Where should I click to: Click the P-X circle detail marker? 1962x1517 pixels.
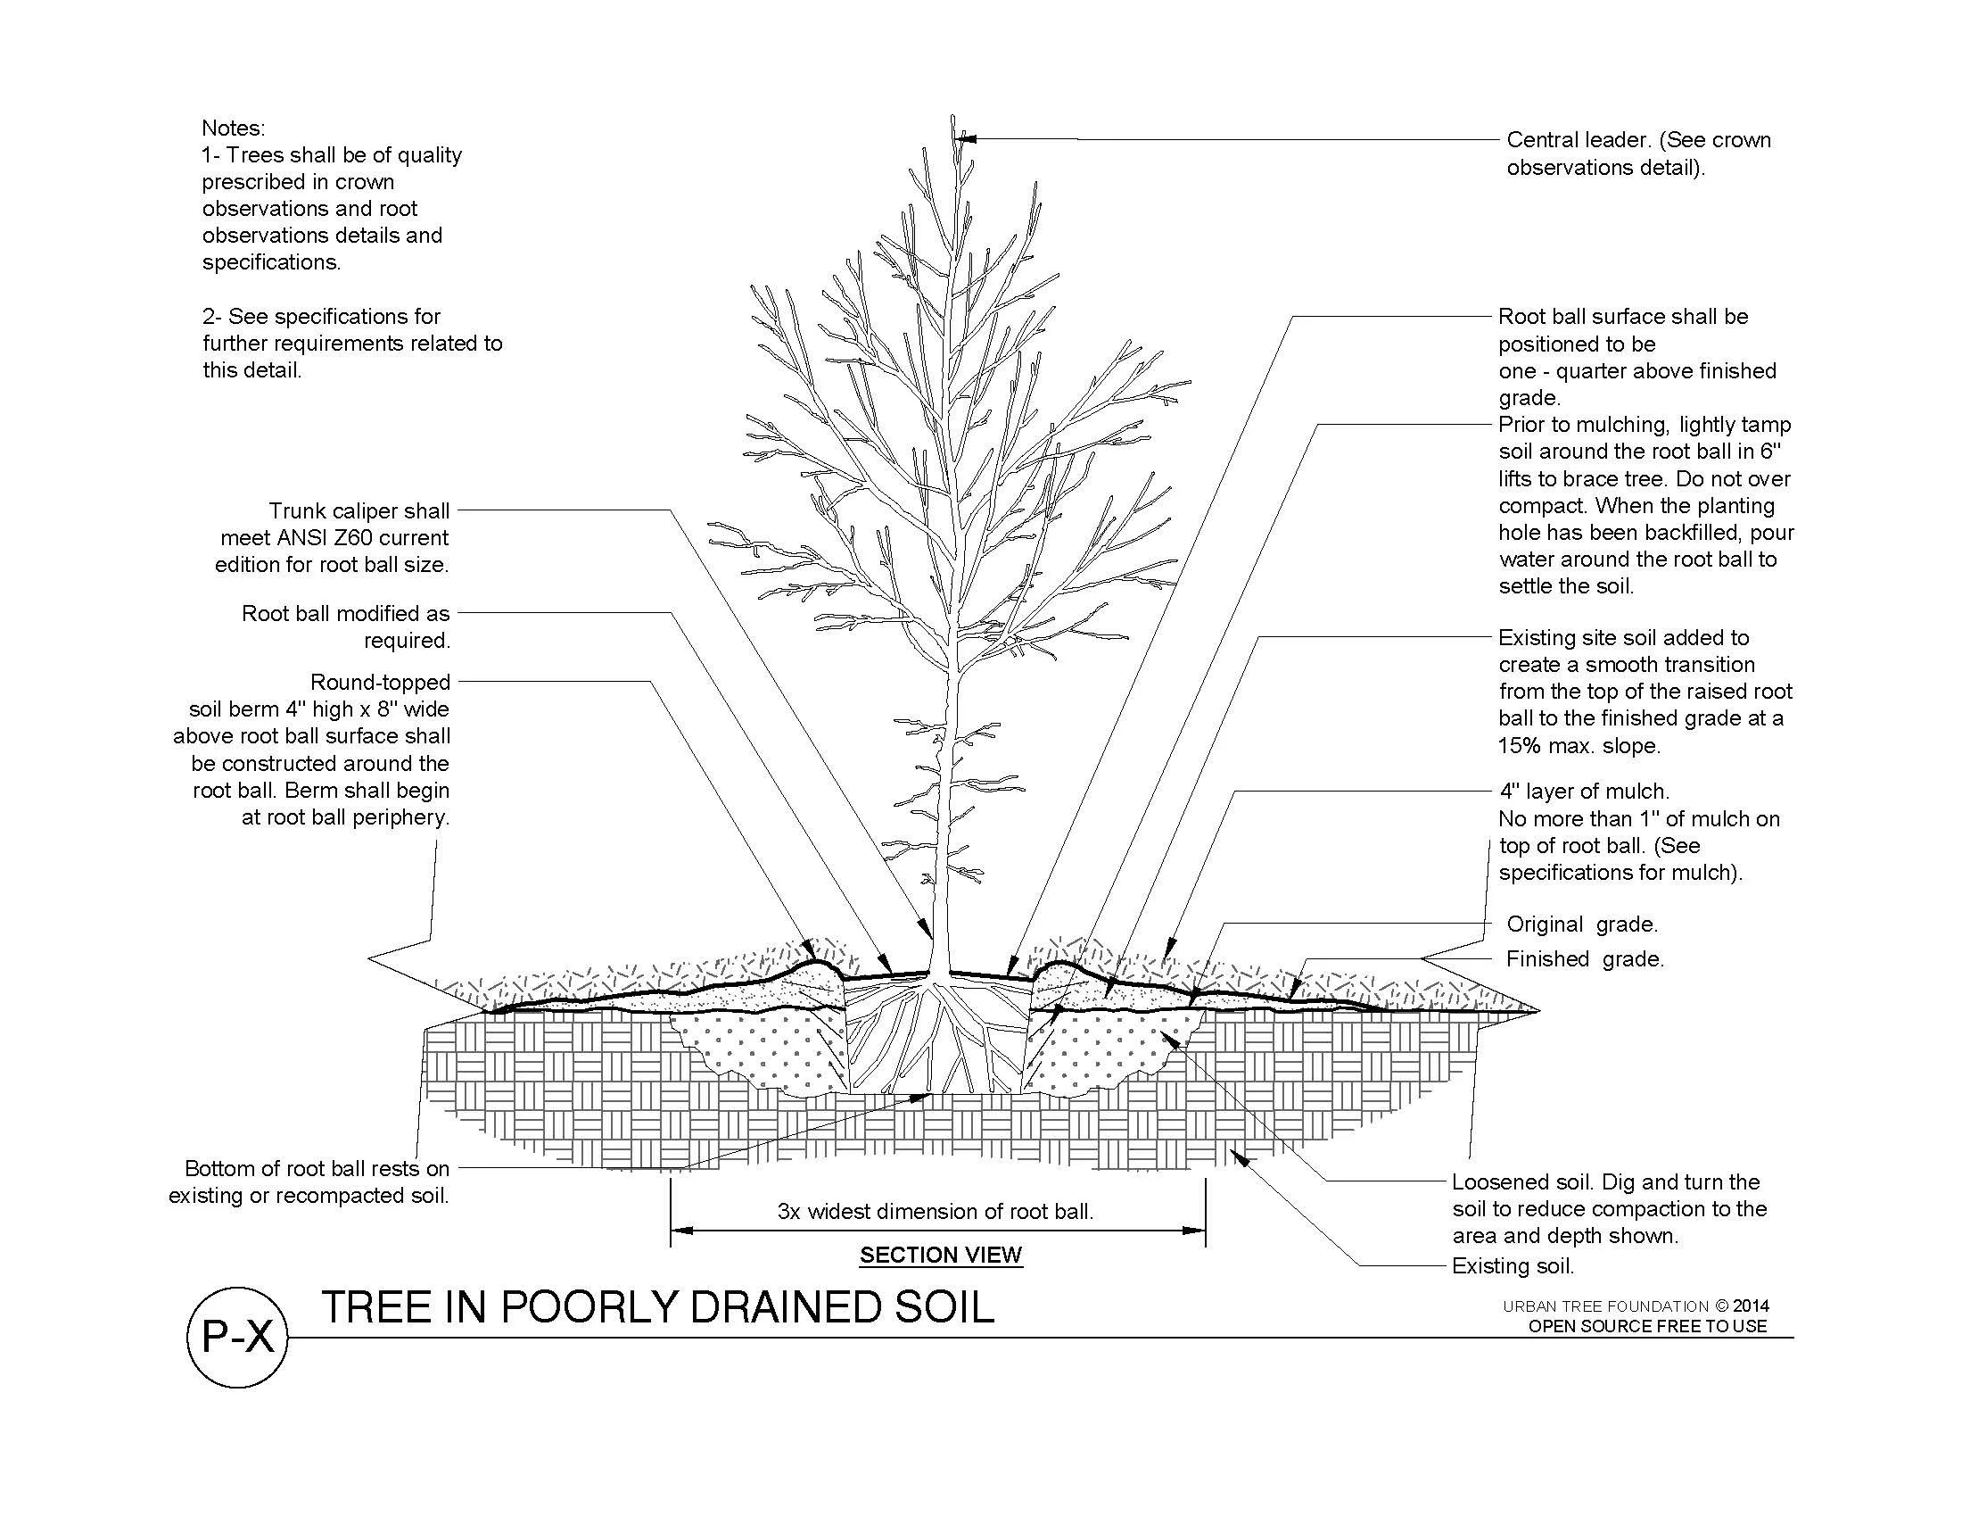pyautogui.click(x=237, y=1338)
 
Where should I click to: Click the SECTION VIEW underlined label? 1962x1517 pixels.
pyautogui.click(x=941, y=1255)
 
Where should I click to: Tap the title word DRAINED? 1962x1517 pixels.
pyautogui.click(x=764, y=1307)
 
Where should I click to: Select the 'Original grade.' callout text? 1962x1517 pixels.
pyautogui.click(x=1582, y=924)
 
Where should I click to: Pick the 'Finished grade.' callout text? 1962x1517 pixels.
pyautogui.click(x=1585, y=959)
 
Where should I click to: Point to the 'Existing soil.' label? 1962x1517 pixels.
pyautogui.click(x=1513, y=1266)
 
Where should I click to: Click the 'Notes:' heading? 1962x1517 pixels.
pyautogui.click(x=233, y=128)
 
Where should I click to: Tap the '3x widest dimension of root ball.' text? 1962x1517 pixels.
pyautogui.click(x=936, y=1212)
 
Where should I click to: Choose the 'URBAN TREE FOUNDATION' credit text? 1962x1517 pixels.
pyautogui.click(x=1605, y=1306)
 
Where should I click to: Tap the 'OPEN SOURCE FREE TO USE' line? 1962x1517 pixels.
pyautogui.click(x=1647, y=1326)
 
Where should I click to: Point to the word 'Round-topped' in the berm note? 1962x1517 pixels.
pyautogui.click(x=380, y=682)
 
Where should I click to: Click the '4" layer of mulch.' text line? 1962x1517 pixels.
pyautogui.click(x=1584, y=792)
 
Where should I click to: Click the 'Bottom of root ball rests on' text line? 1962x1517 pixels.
pyautogui.click(x=317, y=1169)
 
